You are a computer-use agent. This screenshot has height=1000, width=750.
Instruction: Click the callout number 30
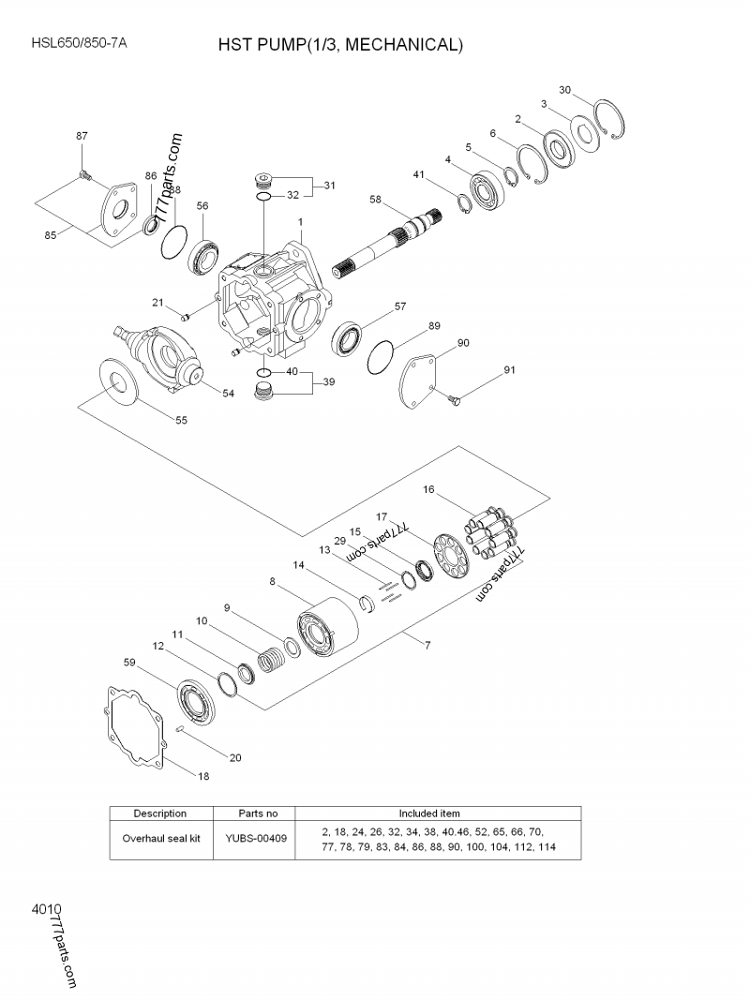564,90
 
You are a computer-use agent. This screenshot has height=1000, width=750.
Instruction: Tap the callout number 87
82,136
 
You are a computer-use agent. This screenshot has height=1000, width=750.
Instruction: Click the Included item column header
428,813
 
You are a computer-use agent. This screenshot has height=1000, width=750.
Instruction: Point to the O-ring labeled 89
382,355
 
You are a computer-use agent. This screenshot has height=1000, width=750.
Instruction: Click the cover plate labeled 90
419,380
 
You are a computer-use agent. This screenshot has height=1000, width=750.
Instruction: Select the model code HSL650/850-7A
79,43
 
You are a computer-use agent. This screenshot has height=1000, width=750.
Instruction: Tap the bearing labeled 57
348,336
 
